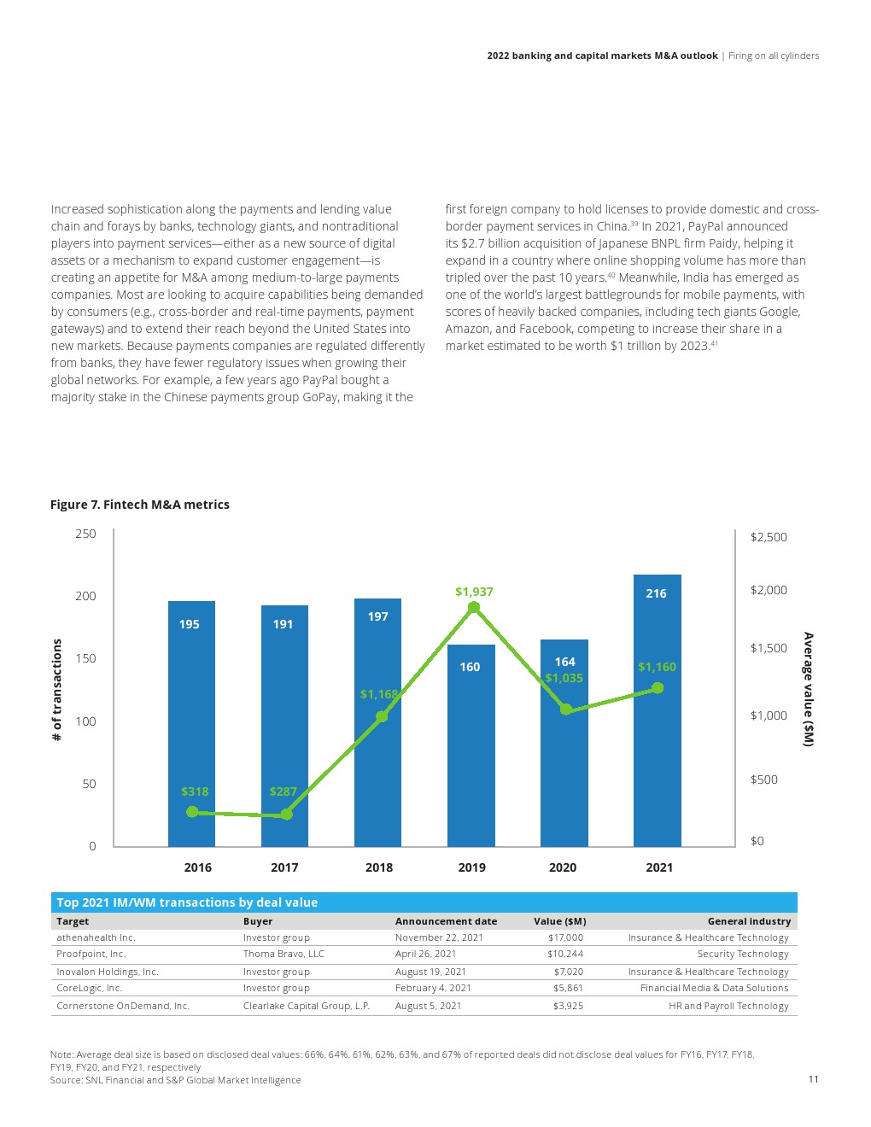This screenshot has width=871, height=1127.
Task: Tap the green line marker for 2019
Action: coord(474,608)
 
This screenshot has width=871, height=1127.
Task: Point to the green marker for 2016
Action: coord(192,812)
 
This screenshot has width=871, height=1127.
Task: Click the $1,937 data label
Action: coord(474,592)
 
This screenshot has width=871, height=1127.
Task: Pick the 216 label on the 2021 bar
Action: coord(656,593)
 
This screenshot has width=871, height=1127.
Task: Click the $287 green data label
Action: coord(283,791)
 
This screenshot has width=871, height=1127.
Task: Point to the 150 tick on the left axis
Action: coord(85,658)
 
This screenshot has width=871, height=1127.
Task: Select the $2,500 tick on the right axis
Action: coord(769,537)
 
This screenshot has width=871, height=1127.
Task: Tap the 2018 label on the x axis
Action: coord(379,867)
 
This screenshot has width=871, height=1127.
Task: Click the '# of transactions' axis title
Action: coord(57,690)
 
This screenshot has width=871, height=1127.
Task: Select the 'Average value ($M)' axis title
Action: coord(808,690)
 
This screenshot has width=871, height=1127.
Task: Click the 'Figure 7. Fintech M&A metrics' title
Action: coord(140,505)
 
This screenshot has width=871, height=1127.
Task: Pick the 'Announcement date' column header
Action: coord(446,921)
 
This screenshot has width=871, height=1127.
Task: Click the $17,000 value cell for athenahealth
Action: coord(565,937)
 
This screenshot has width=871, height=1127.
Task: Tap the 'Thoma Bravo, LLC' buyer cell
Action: coord(284,954)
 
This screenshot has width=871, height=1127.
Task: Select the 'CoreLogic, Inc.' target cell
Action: coord(89,988)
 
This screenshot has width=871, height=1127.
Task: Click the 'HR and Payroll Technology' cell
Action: coord(728,1006)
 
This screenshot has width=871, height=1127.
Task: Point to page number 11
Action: coord(813,1079)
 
